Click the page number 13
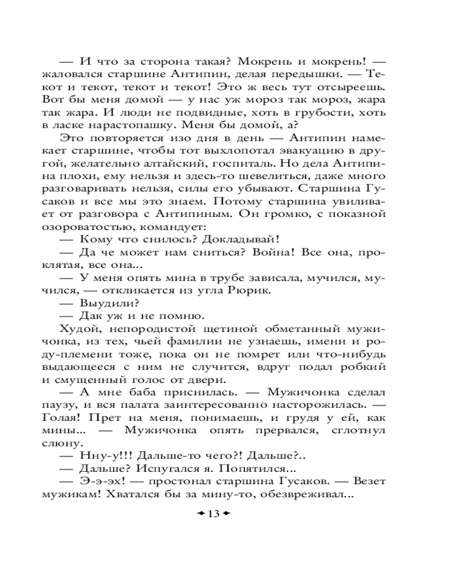click(212, 513)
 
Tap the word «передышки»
click(307, 75)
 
